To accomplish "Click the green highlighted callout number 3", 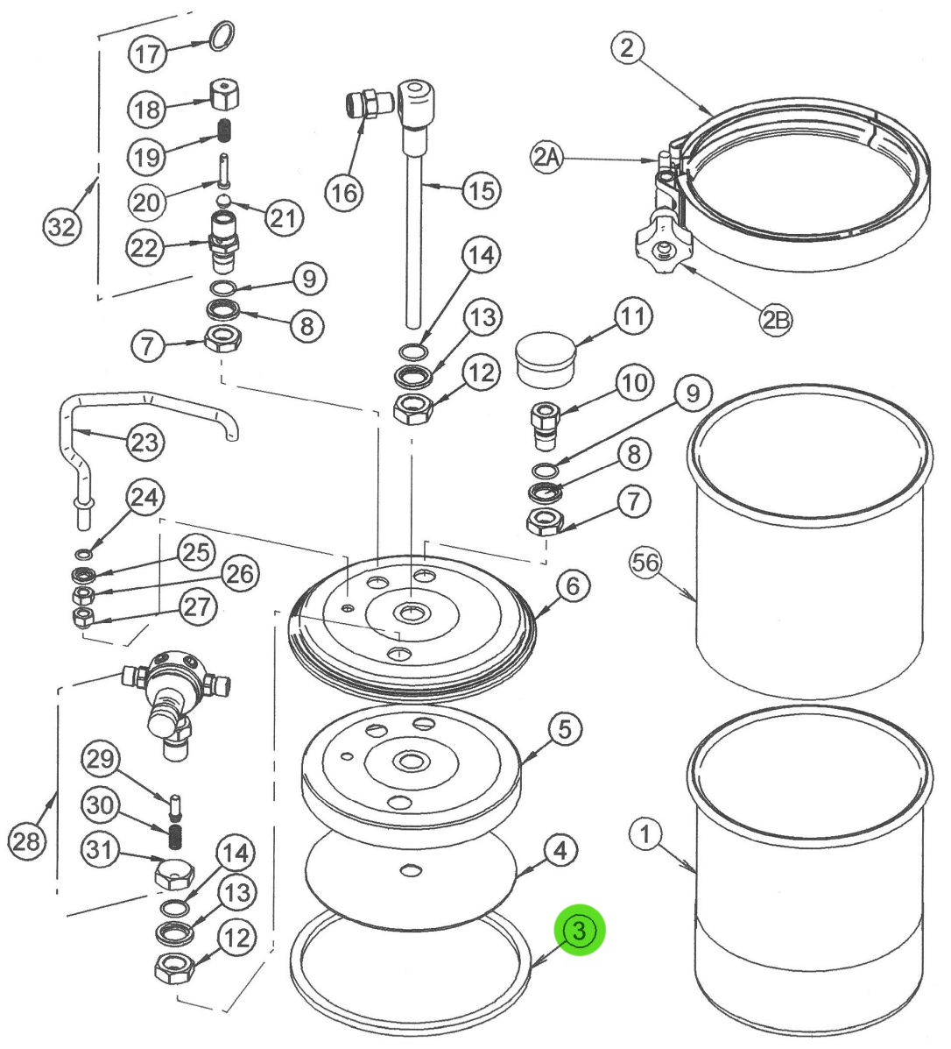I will pyautogui.click(x=579, y=930).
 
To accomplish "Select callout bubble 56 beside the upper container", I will pyautogui.click(x=646, y=562).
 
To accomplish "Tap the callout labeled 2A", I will pyautogui.click(x=546, y=158).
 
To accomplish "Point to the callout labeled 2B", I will pyautogui.click(x=775, y=321).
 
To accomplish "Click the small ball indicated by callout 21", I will pyautogui.click(x=225, y=200).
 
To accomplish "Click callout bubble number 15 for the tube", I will pyautogui.click(x=481, y=190).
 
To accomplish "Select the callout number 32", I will pyautogui.click(x=61, y=227).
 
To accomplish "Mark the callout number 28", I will pyautogui.click(x=25, y=842).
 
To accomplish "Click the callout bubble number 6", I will pyautogui.click(x=572, y=585).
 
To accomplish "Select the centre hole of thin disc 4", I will pyautogui.click(x=410, y=868).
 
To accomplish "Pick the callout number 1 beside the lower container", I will pyautogui.click(x=645, y=834).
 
